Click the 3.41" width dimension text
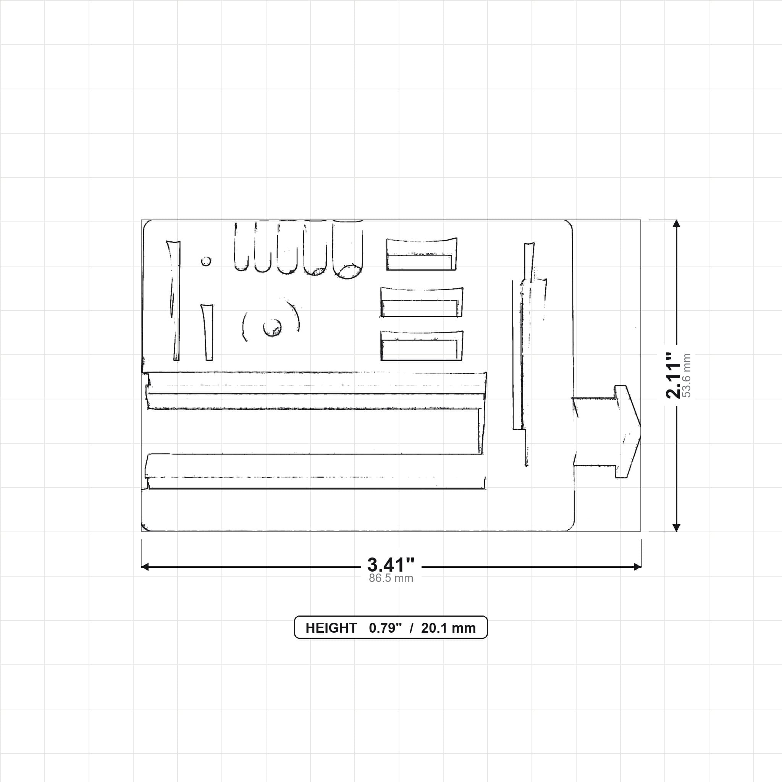pyautogui.click(x=391, y=565)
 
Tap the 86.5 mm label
pyautogui.click(x=391, y=578)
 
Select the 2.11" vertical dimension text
pyautogui.click(x=674, y=375)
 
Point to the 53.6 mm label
pyautogui.click(x=687, y=375)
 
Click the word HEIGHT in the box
pyautogui.click(x=331, y=628)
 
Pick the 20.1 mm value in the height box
pyautogui.click(x=448, y=628)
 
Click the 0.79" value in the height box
pyautogui.click(x=385, y=628)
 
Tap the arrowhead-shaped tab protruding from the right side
pyautogui.click(x=607, y=431)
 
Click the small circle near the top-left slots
pyautogui.click(x=206, y=261)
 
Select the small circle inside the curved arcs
pyautogui.click(x=272, y=328)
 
